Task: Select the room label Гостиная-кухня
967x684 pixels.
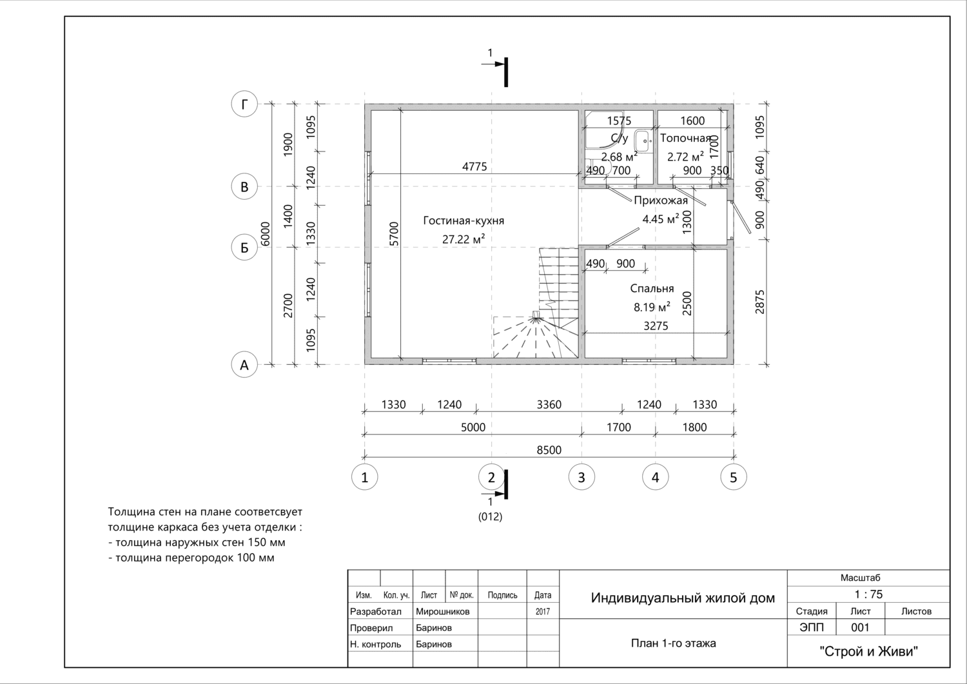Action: click(x=464, y=220)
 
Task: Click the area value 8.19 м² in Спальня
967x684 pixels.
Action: click(x=652, y=307)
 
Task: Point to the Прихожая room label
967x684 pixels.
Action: click(x=661, y=200)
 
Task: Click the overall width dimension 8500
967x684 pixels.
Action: click(x=549, y=450)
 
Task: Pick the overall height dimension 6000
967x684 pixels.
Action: click(x=266, y=234)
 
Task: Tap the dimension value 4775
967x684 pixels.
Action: click(x=474, y=166)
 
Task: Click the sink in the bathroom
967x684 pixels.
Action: click(x=643, y=141)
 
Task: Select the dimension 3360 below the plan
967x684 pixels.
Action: click(x=549, y=405)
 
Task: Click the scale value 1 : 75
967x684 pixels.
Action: click(x=868, y=594)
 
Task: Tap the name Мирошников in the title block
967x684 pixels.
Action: click(x=442, y=611)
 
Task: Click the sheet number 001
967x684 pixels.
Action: click(x=860, y=627)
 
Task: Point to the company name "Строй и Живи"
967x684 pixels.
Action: click(x=868, y=651)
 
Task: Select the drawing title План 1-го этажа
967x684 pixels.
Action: click(x=674, y=643)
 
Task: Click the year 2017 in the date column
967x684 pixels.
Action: click(x=543, y=611)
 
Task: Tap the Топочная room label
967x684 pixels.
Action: click(x=685, y=138)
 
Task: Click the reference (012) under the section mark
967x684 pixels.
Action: click(x=490, y=516)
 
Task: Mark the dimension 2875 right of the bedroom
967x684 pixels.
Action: click(x=760, y=302)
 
